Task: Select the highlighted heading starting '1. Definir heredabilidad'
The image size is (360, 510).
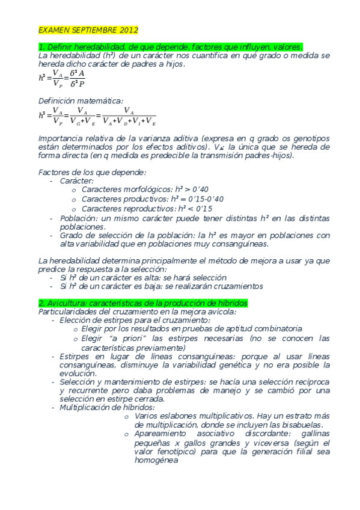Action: click(x=171, y=47)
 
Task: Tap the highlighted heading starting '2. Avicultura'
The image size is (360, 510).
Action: click(x=143, y=303)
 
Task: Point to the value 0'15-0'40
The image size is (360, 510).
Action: click(x=204, y=199)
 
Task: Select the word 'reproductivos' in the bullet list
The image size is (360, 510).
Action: click(x=140, y=209)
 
